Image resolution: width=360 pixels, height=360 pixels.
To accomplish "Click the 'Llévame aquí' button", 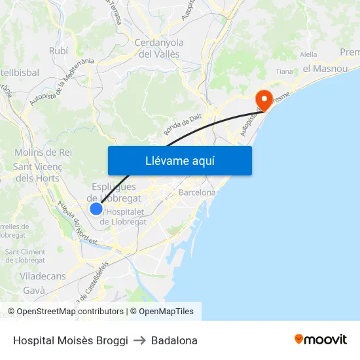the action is point(179,160).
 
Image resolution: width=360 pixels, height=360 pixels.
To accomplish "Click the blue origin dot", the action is point(96,209).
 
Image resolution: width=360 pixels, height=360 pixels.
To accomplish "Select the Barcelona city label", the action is point(197,193).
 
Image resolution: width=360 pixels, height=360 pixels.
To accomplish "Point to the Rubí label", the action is point(58,50).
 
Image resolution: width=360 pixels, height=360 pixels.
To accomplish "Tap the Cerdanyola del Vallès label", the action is point(158,48).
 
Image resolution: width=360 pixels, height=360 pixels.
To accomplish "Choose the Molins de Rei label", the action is point(43,152).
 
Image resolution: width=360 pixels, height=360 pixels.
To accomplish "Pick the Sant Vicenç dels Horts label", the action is point(38,172).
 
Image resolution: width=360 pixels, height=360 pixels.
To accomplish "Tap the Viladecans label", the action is point(43,276).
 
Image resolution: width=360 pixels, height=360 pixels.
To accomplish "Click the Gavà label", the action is point(33,290).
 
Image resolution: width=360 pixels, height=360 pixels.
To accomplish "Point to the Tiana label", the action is point(284,71).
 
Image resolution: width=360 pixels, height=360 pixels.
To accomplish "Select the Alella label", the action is point(308,55).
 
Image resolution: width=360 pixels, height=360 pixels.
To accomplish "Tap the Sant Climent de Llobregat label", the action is point(25,256).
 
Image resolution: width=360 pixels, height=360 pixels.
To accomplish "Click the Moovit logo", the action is point(321,340).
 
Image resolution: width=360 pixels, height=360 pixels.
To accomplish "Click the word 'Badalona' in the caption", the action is point(174,340).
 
